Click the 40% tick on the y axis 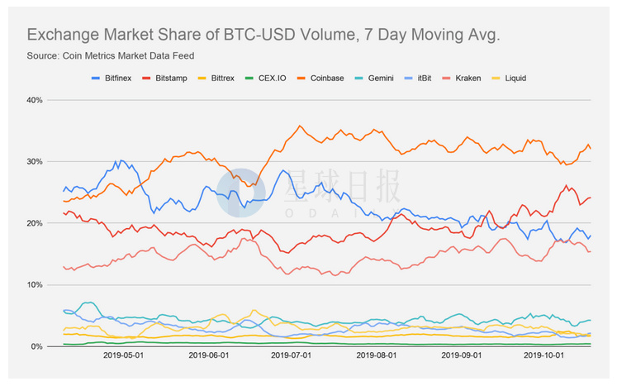click(34, 100)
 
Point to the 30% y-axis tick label click(34, 161)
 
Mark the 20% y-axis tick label click(34, 223)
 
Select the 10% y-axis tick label click(34, 285)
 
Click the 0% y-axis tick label click(36, 346)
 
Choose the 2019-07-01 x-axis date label click(291, 358)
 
